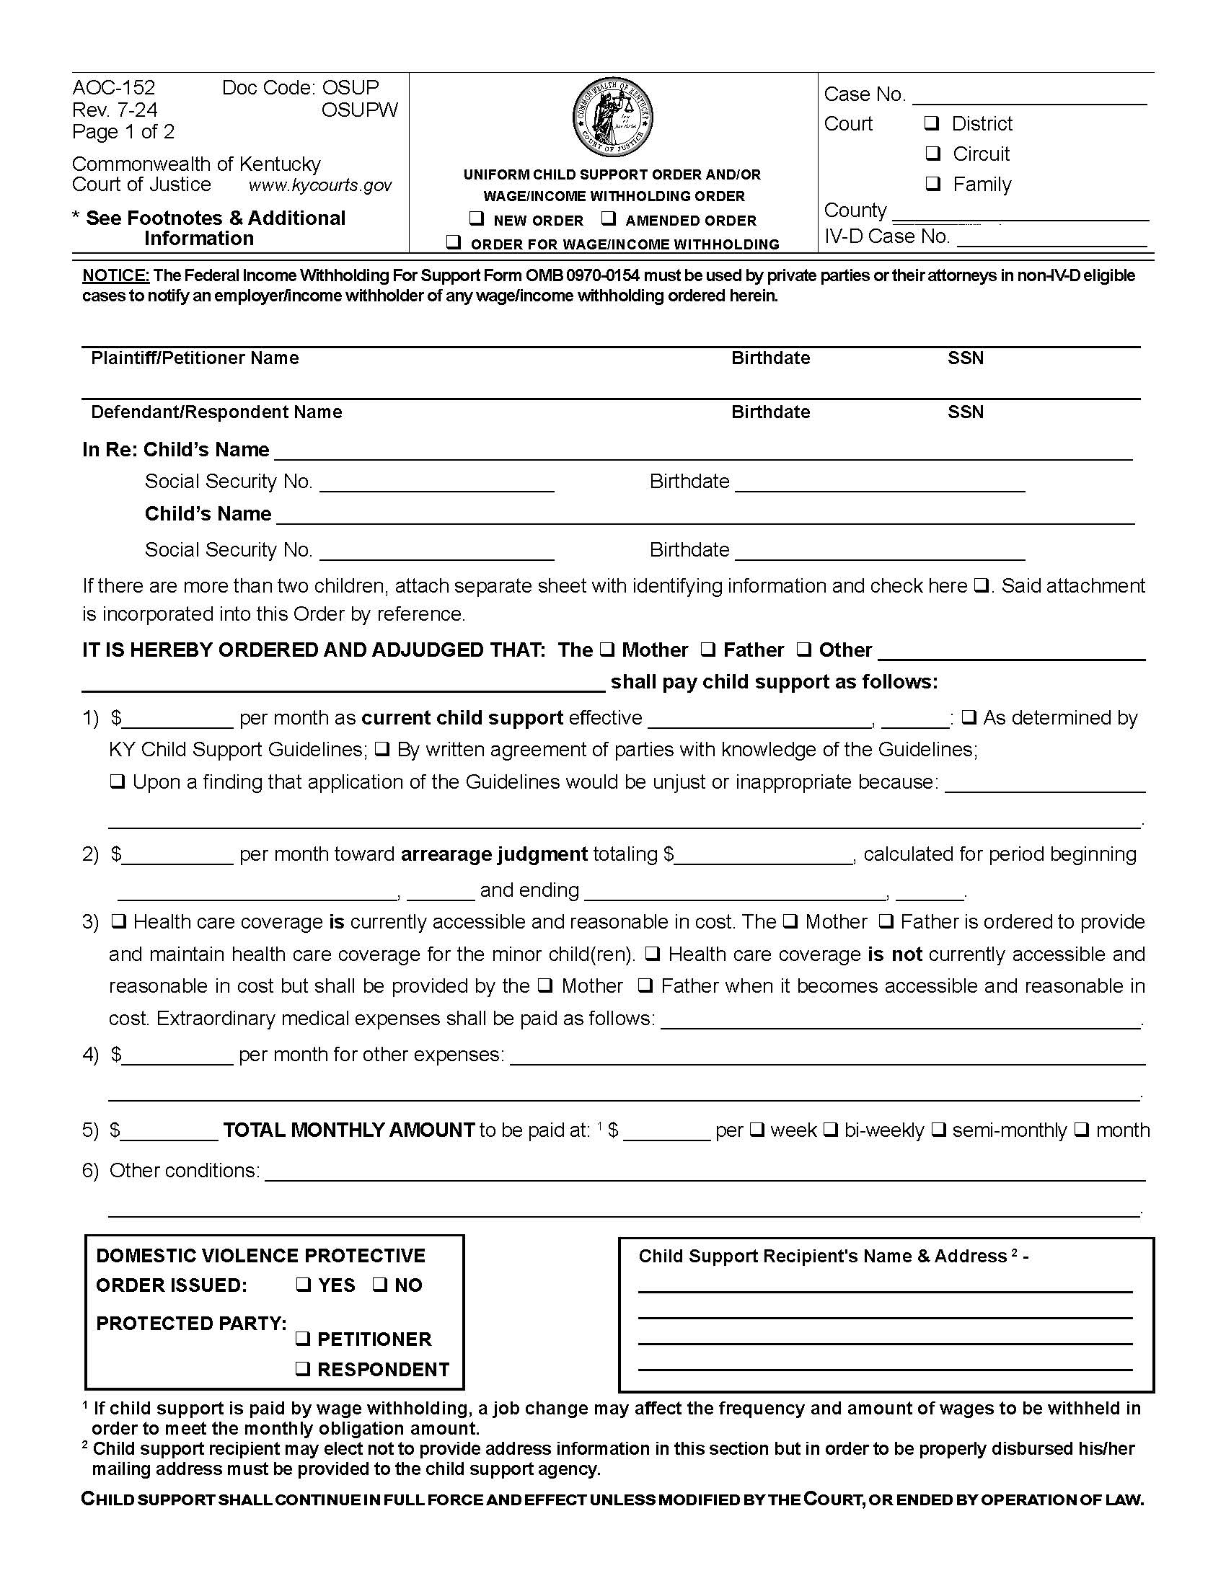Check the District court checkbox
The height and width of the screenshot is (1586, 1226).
coord(932,123)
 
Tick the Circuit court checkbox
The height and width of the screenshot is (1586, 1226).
coord(932,154)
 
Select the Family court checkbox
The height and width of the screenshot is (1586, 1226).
coord(932,183)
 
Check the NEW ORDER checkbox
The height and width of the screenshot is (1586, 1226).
coord(477,218)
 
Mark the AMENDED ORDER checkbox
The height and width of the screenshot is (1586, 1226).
coord(609,218)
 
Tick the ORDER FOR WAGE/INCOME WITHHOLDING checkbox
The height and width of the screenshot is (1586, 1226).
coord(454,242)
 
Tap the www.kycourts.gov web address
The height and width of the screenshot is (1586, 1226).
coord(320,185)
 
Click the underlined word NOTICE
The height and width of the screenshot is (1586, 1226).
coord(115,275)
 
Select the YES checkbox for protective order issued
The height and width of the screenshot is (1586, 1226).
coord(303,1285)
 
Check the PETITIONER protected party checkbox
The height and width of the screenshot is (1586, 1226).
coord(303,1337)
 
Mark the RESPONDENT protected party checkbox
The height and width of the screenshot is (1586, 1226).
coord(303,1368)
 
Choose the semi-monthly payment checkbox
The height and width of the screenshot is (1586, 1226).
coord(938,1129)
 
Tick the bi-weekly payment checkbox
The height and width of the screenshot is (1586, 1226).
coord(831,1129)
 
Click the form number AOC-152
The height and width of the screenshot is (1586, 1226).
coord(114,88)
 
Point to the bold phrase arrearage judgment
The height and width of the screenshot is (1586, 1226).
coord(494,854)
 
